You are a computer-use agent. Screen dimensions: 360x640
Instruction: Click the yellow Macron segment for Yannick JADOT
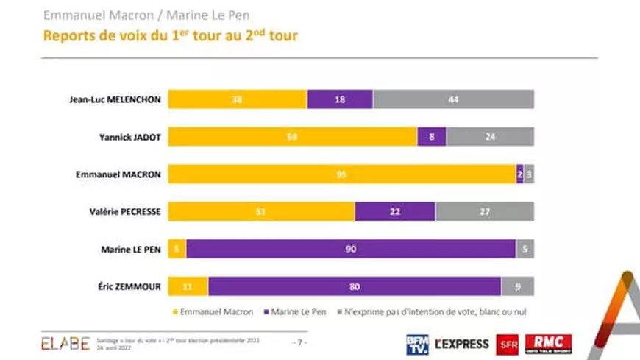293,136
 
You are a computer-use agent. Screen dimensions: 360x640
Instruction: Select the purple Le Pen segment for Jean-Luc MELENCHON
340,99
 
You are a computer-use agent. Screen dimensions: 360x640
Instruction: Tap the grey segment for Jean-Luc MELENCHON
453,99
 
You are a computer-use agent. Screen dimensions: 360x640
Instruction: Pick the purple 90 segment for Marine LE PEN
351,249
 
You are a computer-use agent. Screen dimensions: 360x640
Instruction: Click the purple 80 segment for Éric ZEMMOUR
355,286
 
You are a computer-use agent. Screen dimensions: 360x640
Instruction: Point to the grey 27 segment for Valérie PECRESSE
485,211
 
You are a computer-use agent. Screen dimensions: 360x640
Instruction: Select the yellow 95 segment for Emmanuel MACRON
342,174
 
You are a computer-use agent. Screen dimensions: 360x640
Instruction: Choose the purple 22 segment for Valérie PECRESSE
395,211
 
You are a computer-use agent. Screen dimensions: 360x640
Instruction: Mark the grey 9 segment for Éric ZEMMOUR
518,286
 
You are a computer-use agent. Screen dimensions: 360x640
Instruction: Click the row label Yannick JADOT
129,136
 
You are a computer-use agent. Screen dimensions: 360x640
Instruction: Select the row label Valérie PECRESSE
126,211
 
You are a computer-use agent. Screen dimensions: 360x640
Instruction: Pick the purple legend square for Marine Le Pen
263,311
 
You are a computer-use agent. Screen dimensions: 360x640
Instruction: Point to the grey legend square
340,311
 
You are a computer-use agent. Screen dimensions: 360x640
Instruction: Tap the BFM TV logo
417,344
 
